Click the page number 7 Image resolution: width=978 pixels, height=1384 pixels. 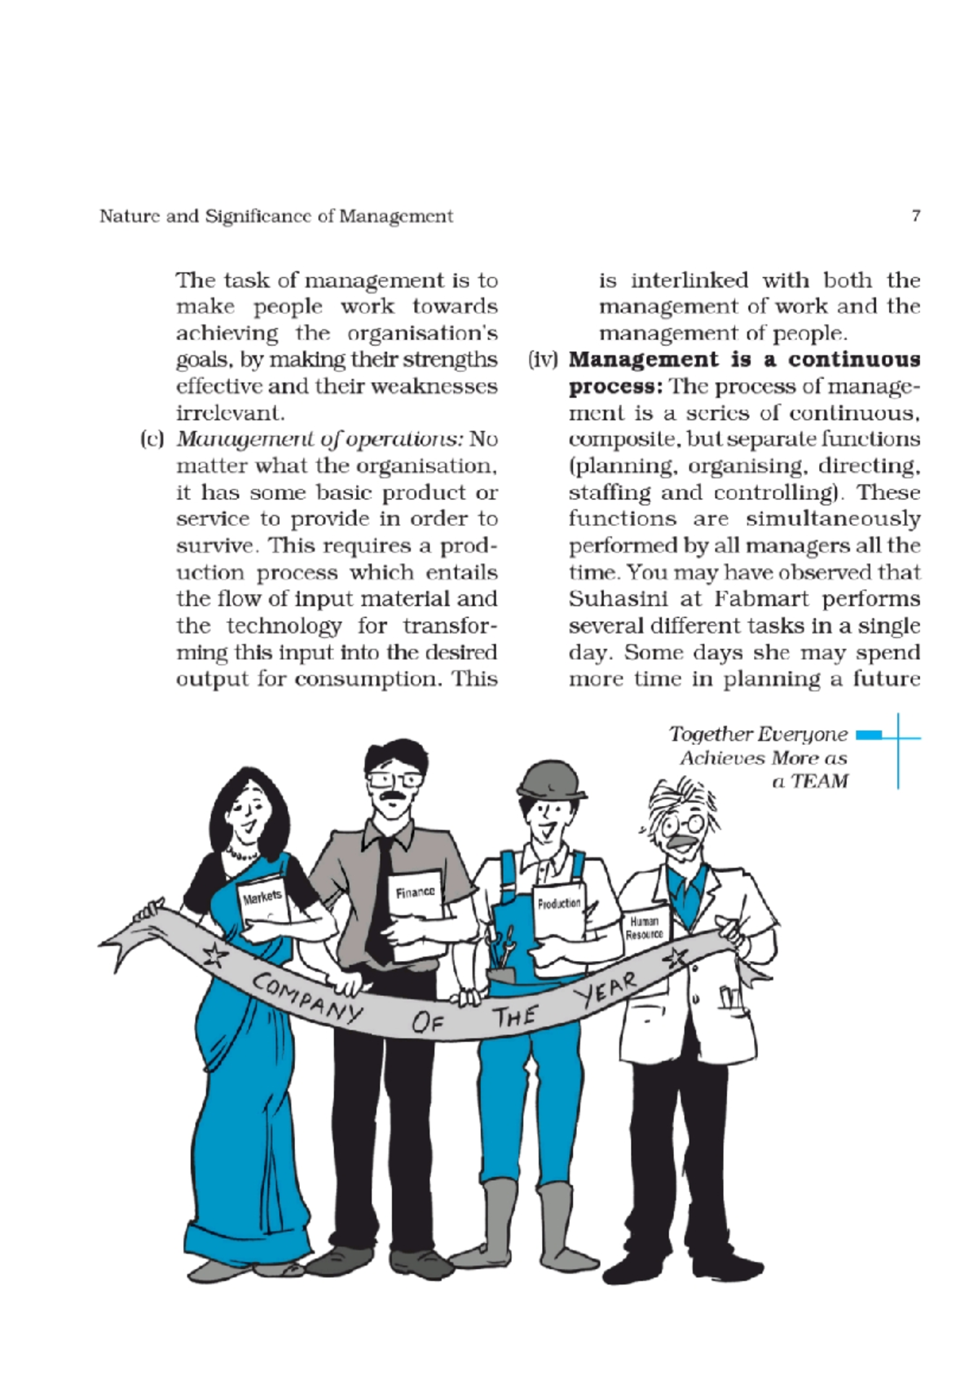(916, 216)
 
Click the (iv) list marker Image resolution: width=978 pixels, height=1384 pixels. (543, 360)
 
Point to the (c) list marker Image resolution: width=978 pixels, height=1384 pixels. (152, 440)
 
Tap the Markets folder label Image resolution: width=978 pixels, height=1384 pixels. (262, 897)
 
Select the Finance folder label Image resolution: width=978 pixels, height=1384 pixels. (416, 893)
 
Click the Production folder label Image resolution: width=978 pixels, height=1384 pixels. (559, 904)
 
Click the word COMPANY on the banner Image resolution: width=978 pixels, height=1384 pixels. (306, 997)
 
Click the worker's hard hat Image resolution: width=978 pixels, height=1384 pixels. (551, 780)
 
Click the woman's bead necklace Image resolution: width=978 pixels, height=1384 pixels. (241, 855)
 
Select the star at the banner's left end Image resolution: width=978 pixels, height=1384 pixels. (214, 954)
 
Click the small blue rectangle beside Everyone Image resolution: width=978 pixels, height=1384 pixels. (869, 735)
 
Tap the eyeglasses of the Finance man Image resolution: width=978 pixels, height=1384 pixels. (394, 778)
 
